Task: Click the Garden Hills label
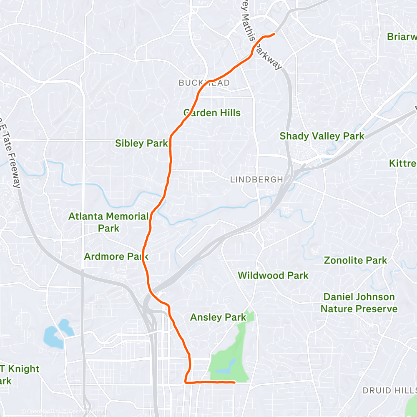click(x=212, y=113)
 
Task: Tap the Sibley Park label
click(x=141, y=143)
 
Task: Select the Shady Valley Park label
click(x=322, y=136)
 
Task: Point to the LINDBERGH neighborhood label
click(x=256, y=180)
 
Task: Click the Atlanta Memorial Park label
click(x=108, y=222)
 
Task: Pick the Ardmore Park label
click(x=116, y=256)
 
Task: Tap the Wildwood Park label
click(x=273, y=275)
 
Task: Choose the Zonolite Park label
click(x=356, y=260)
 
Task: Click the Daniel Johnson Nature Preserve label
click(x=359, y=303)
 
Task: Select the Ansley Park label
click(x=218, y=317)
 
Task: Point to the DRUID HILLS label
click(x=389, y=390)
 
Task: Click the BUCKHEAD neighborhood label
click(x=204, y=83)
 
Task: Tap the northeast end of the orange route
click(x=274, y=34)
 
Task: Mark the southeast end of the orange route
click(x=235, y=382)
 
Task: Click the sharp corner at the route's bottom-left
click(x=185, y=381)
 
